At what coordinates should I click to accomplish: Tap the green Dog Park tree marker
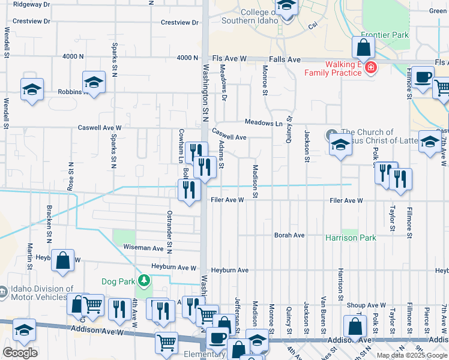[x=143, y=280]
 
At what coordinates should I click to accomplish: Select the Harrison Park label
[x=351, y=238]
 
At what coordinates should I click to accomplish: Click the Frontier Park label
[x=385, y=35]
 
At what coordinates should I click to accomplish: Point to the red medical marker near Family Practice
[x=371, y=68]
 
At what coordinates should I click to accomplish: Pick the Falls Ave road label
[x=285, y=59]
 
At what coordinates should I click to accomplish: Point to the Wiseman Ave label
[x=144, y=248]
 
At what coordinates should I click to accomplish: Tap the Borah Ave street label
[x=289, y=235]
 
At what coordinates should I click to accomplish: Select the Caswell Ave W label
[x=100, y=128]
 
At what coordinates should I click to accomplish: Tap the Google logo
[x=20, y=353]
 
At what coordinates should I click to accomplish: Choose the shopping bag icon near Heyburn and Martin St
[x=62, y=260]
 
